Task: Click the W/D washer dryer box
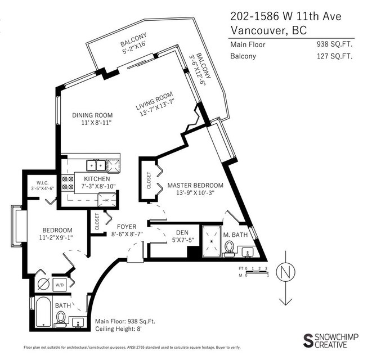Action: [x=60, y=285]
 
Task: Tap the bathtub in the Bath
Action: [x=43, y=312]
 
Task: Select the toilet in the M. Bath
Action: [x=228, y=249]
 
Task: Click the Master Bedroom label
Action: [x=195, y=186]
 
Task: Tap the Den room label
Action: [x=182, y=233]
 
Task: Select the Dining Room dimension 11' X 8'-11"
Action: [x=96, y=123]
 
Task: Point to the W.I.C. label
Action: [x=43, y=183]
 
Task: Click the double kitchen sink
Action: [x=96, y=165]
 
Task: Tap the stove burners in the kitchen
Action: [x=68, y=183]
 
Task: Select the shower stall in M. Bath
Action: [x=212, y=241]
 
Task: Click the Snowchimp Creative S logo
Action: [x=308, y=341]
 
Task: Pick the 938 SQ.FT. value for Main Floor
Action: [x=334, y=44]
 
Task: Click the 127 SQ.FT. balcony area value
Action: [x=334, y=56]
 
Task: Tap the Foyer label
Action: [x=127, y=227]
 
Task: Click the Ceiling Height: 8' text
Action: [x=118, y=329]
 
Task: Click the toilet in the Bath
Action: [x=61, y=319]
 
